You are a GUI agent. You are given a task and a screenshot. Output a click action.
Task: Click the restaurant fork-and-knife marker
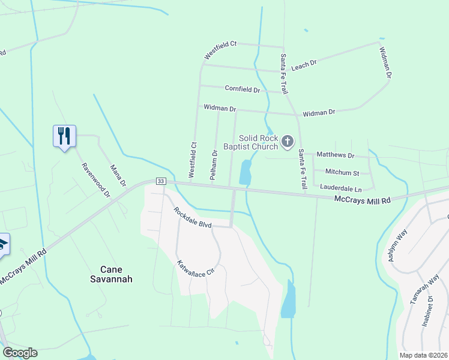coord(64,136)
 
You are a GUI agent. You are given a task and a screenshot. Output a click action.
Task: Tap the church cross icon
coord(288,142)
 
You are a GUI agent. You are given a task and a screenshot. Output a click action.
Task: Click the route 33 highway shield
coord(160,181)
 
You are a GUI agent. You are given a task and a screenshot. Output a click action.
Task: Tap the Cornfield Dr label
coord(243,89)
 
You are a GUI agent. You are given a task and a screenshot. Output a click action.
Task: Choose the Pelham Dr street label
coord(214,162)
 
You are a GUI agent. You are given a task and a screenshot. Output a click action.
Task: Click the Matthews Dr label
coord(336,155)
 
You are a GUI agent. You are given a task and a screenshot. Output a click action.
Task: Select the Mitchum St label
coord(342,172)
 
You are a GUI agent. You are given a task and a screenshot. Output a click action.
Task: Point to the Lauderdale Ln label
coord(341,188)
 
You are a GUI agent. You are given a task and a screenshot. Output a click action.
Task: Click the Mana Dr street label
coord(118,175)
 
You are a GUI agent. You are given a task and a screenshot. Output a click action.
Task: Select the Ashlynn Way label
coord(397,243)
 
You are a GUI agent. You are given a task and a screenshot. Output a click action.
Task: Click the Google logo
coord(20,353)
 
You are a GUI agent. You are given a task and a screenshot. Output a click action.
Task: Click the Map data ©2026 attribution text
coord(423,355)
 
